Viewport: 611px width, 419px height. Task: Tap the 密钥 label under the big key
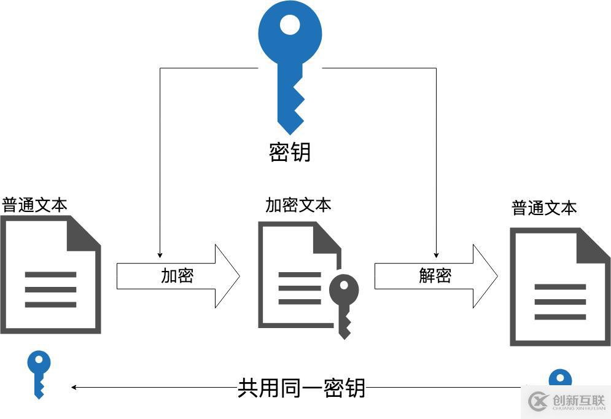point(290,152)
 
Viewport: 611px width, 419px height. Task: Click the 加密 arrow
point(177,276)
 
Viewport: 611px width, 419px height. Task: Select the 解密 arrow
point(435,276)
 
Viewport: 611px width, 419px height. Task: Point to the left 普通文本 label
point(35,205)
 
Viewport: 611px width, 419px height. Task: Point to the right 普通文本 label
point(544,208)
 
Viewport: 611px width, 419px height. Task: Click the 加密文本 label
point(298,205)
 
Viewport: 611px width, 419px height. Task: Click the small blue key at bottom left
point(39,372)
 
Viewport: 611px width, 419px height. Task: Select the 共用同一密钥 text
point(302,388)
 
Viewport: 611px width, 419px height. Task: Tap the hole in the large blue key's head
point(290,25)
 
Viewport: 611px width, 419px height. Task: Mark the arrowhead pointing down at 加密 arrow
point(160,254)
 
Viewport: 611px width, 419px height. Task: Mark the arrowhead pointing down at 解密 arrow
point(437,254)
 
